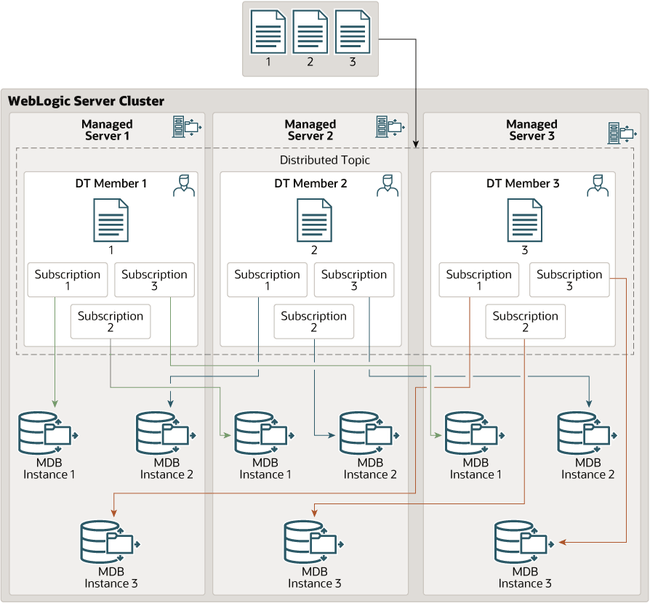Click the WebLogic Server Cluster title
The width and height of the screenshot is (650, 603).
[86, 101]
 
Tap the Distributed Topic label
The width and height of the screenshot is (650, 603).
[324, 160]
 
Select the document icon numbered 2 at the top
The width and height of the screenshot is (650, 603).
[310, 32]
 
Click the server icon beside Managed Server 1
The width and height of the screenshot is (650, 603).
[187, 126]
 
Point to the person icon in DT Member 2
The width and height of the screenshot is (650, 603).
[388, 185]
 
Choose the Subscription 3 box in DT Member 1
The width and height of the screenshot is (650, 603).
[154, 280]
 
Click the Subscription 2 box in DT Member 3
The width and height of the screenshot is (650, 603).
[525, 321]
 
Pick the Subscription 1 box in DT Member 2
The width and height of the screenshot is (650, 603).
[267, 280]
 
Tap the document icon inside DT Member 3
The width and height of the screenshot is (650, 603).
[525, 220]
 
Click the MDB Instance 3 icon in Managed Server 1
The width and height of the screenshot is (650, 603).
[111, 542]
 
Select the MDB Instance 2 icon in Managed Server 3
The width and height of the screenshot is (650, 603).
[587, 433]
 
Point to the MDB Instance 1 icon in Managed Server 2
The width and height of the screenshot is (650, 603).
[265, 433]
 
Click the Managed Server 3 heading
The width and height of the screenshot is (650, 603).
[531, 130]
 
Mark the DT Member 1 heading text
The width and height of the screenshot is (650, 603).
[111, 184]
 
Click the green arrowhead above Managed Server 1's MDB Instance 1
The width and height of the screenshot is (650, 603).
[55, 403]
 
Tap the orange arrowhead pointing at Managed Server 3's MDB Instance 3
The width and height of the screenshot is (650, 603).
[563, 542]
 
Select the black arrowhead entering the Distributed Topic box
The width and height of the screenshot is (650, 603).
[416, 144]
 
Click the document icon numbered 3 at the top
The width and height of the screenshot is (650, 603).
[353, 32]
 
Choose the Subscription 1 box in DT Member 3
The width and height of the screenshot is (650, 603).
[479, 280]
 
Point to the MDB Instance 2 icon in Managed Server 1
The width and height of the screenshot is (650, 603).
[166, 433]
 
